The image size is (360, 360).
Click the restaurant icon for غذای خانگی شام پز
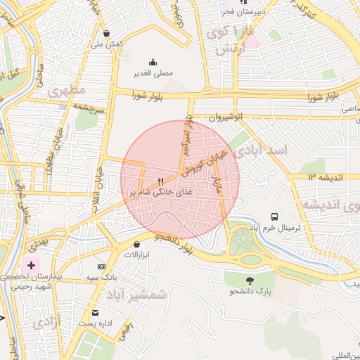click(x=162, y=181)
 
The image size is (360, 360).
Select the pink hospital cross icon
click(x=31, y=266)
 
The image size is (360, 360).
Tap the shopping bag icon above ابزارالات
click(x=136, y=244)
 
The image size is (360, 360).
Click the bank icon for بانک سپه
click(x=101, y=266)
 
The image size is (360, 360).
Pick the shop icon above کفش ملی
click(x=106, y=32)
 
